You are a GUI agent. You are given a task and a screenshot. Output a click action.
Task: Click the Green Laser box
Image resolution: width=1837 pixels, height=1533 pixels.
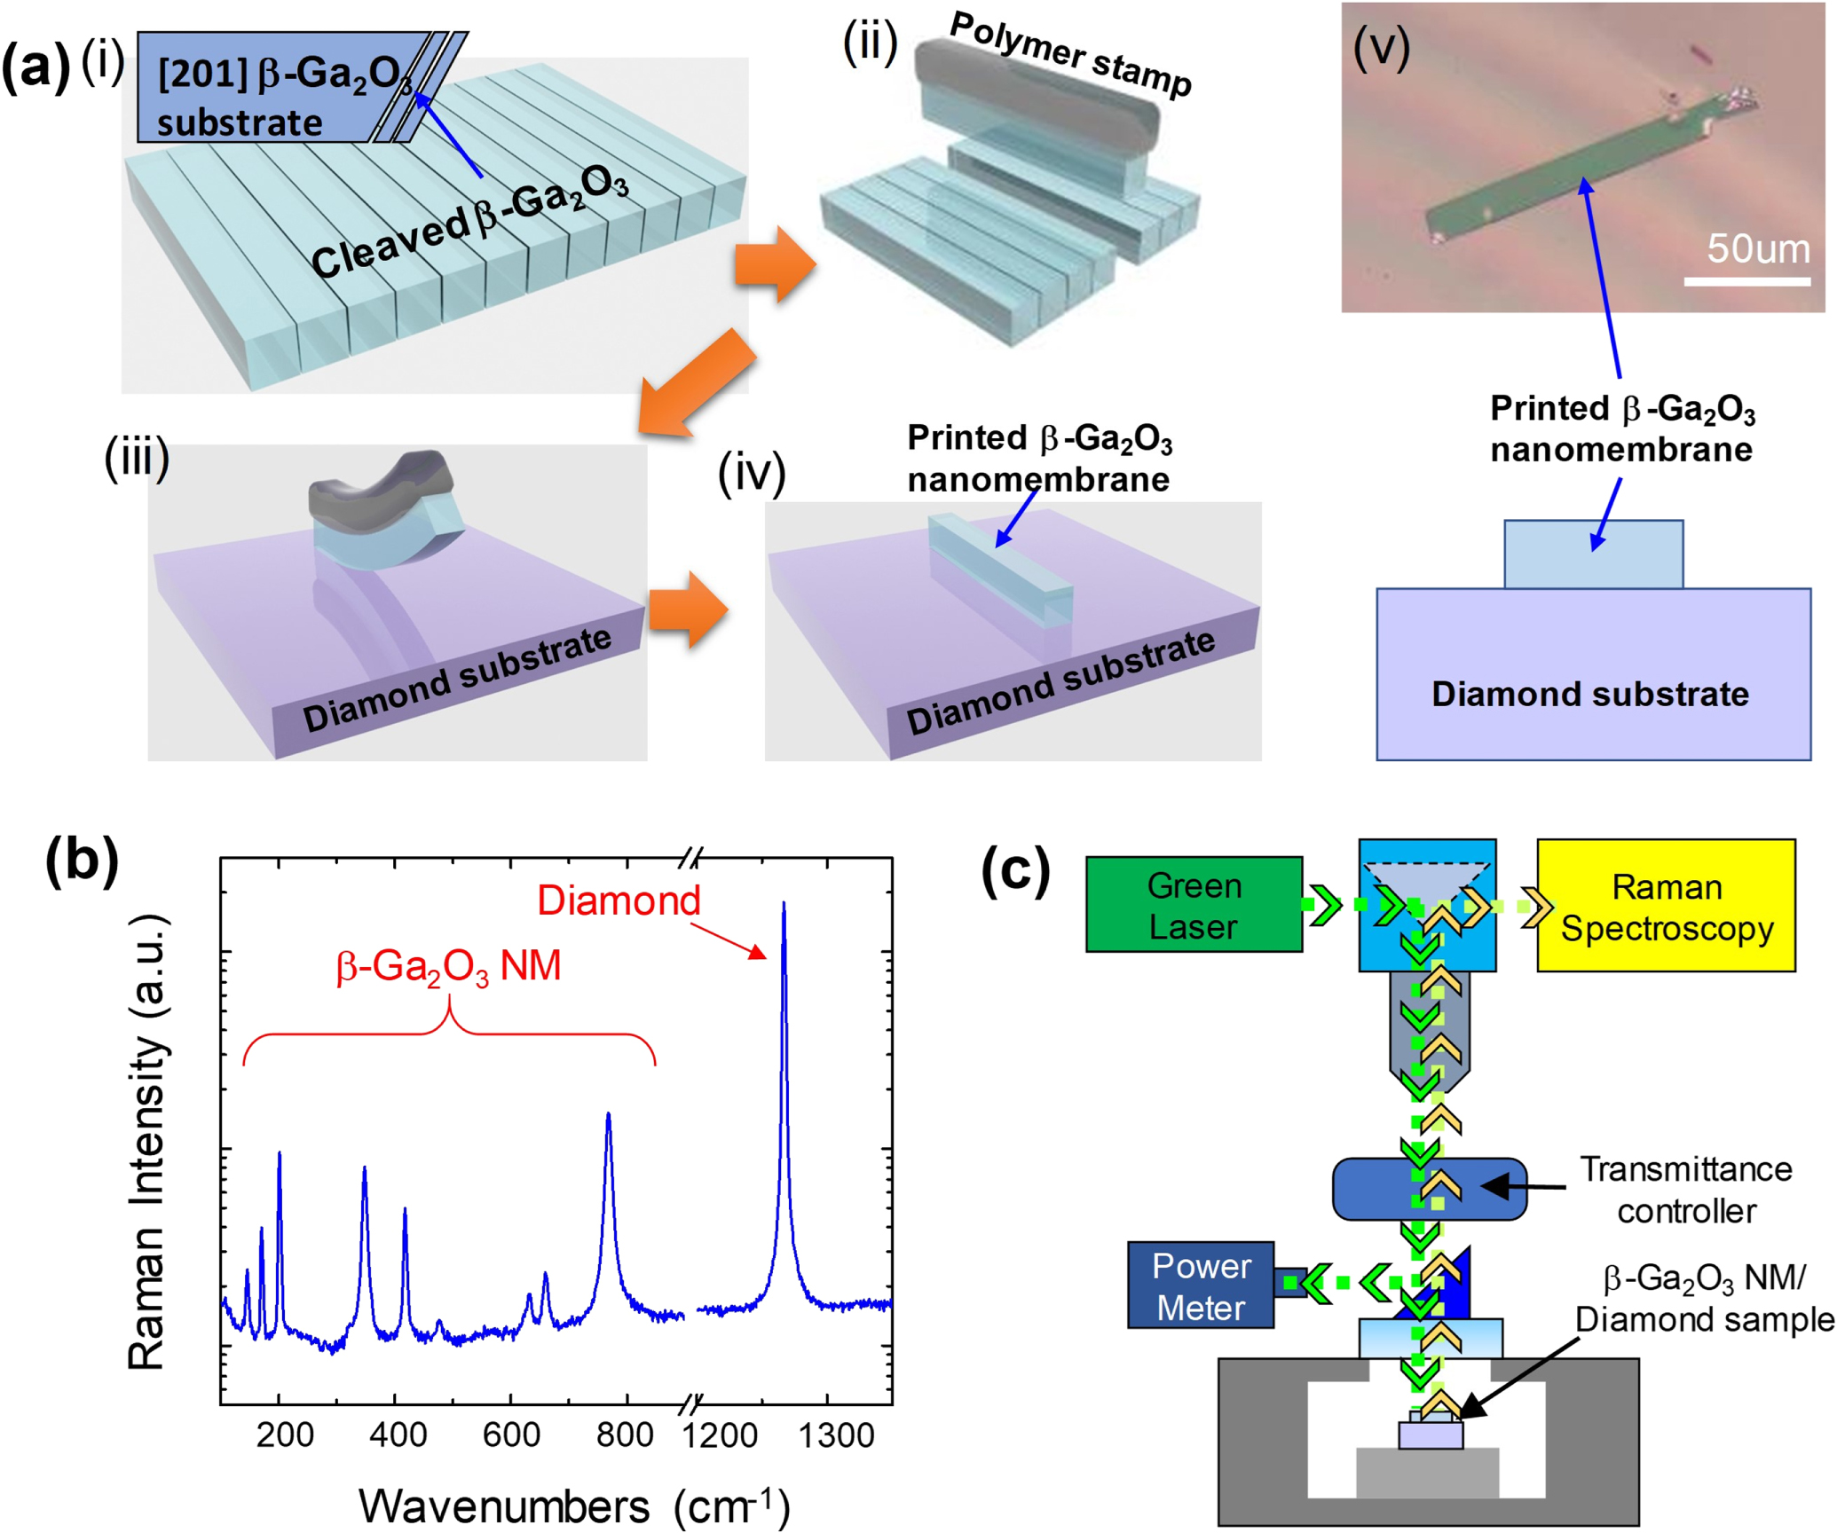click(x=1194, y=905)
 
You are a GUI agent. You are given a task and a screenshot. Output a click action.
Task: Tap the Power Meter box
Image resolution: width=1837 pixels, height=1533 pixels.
click(x=1201, y=1285)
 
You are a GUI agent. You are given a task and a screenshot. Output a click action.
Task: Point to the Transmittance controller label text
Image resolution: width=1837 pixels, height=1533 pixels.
click(x=1685, y=1190)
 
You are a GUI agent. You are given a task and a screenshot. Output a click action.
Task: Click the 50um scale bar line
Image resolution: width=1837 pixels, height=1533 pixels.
click(x=1746, y=282)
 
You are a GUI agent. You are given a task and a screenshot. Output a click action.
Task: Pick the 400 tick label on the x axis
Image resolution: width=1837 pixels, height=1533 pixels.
click(x=397, y=1435)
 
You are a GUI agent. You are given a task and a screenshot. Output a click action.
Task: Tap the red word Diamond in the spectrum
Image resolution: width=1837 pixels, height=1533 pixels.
click(x=619, y=900)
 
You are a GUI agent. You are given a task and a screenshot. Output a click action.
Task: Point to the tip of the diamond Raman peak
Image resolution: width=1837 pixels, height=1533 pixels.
click(x=783, y=904)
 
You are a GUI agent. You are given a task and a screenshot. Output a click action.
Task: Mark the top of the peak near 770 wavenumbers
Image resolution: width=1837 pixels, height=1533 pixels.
click(x=608, y=1114)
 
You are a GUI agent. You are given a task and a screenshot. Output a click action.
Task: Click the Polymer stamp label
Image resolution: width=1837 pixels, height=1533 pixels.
click(x=1069, y=55)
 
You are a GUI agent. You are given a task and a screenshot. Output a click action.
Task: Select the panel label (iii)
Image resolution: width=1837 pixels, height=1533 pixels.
click(x=137, y=459)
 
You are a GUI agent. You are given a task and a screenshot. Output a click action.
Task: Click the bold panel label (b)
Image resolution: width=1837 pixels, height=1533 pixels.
click(x=82, y=859)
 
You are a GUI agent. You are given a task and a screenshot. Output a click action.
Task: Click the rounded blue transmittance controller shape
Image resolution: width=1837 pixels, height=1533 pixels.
click(x=1429, y=1189)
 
